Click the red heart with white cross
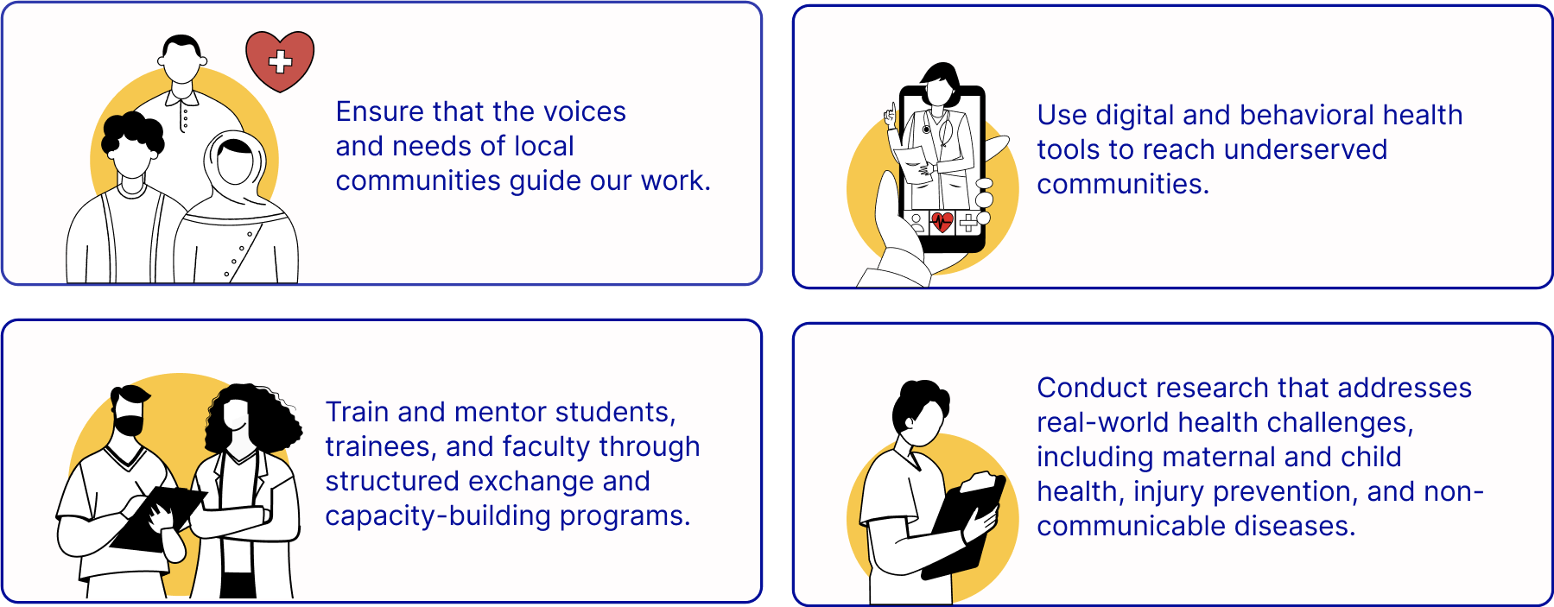click(280, 60)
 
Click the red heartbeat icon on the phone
click(942, 223)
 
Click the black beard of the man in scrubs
click(130, 426)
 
